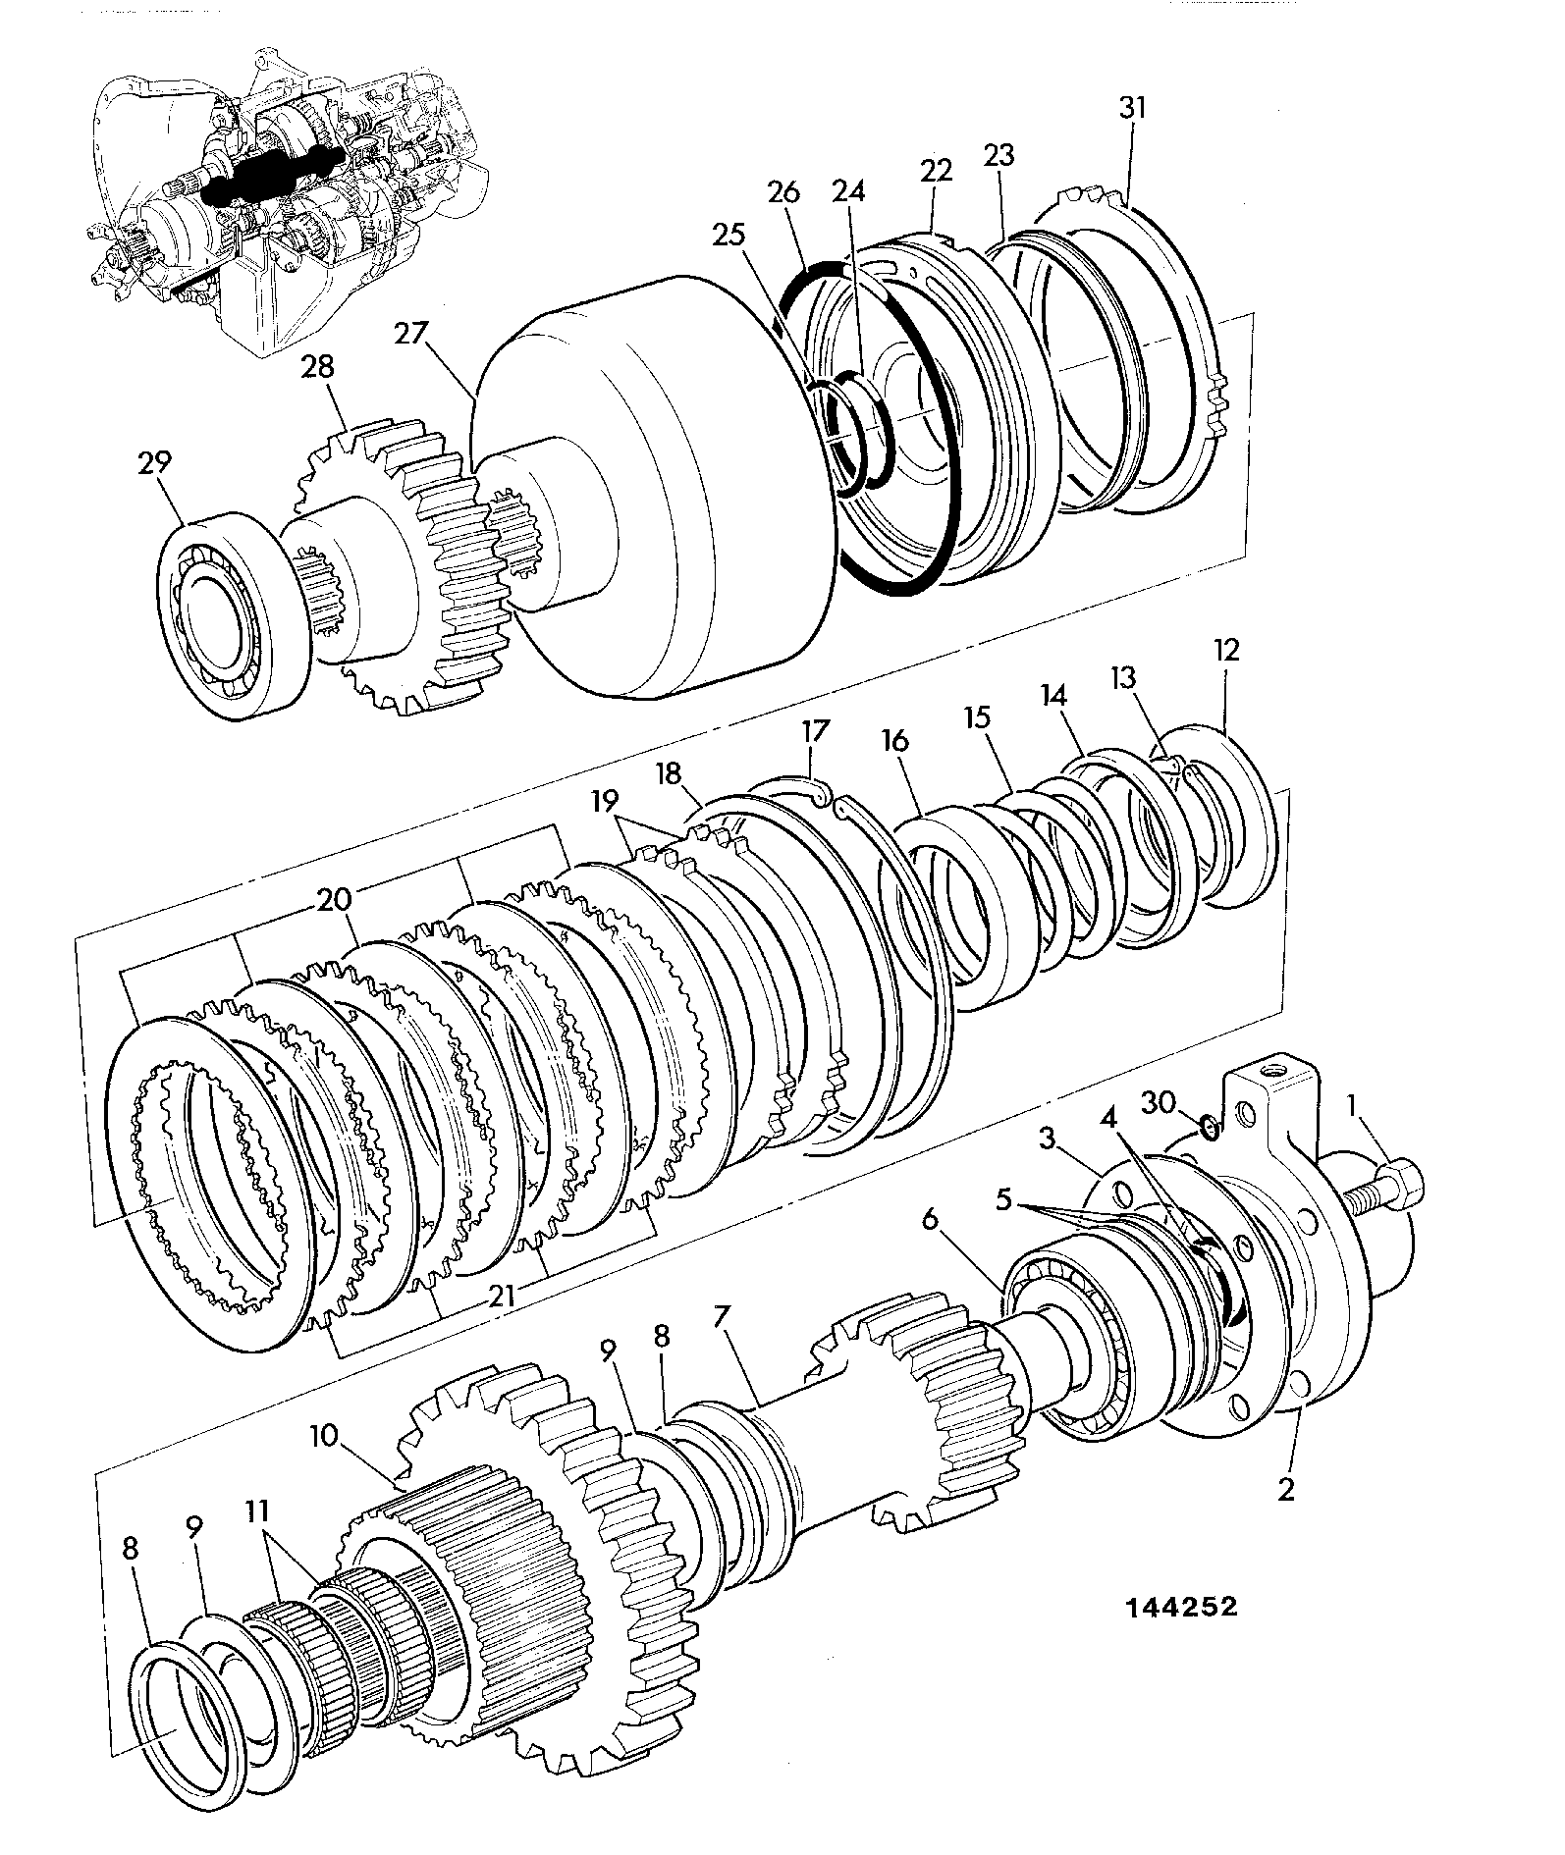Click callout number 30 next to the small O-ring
coord(1159,1102)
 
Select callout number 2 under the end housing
coord(1285,1489)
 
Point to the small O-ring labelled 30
coord(1209,1128)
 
